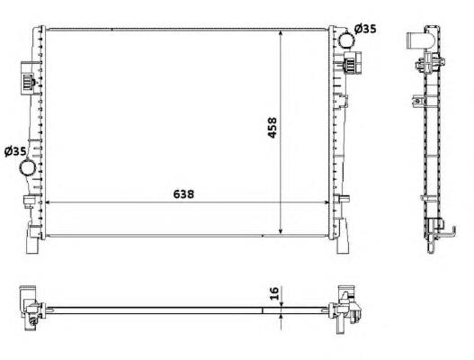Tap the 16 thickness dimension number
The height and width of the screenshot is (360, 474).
click(x=272, y=293)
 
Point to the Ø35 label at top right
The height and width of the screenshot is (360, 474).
click(x=364, y=29)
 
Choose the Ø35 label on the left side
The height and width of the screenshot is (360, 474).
click(x=15, y=150)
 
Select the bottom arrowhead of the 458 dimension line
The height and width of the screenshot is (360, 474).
click(x=282, y=231)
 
